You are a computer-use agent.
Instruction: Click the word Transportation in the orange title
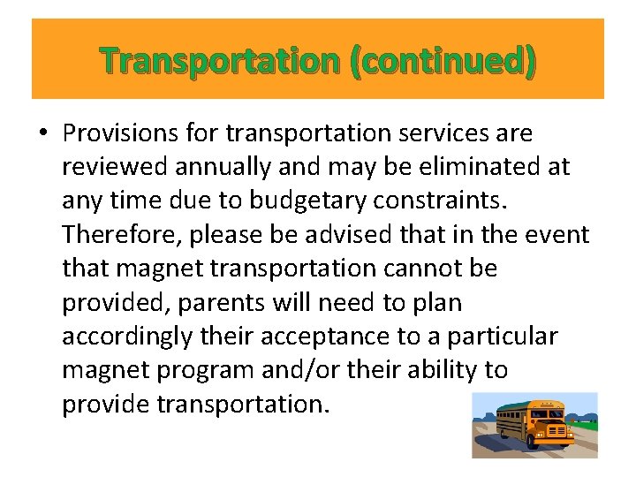[219, 60]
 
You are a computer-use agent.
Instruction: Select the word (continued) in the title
[442, 60]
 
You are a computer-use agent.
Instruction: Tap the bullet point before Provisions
[42, 133]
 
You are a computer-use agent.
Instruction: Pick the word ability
[435, 369]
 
